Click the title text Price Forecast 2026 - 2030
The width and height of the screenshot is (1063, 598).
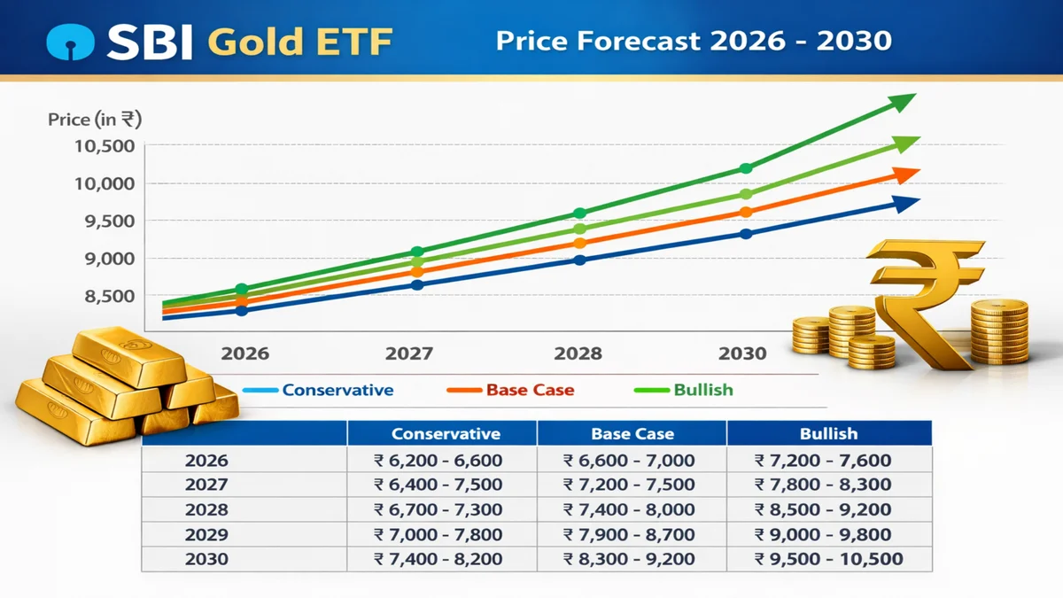click(x=694, y=41)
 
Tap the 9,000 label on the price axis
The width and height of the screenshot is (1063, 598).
click(x=108, y=259)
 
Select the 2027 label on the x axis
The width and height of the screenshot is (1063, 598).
click(x=409, y=353)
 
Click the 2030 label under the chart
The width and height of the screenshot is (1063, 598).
click(x=742, y=353)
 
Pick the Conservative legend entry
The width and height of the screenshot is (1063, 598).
click(x=338, y=390)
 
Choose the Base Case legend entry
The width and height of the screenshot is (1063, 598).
click(x=530, y=390)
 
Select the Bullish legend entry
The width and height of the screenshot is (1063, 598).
click(x=702, y=390)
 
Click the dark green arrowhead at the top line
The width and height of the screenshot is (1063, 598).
click(x=903, y=102)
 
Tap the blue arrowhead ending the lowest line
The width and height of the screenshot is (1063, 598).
click(x=905, y=204)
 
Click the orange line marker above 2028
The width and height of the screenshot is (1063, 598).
click(x=580, y=244)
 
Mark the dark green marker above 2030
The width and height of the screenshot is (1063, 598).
click(x=746, y=168)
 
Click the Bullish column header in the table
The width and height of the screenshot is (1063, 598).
click(x=828, y=434)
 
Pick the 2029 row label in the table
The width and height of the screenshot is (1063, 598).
click(x=206, y=534)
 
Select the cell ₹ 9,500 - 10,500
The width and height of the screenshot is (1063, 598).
click(x=828, y=559)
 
